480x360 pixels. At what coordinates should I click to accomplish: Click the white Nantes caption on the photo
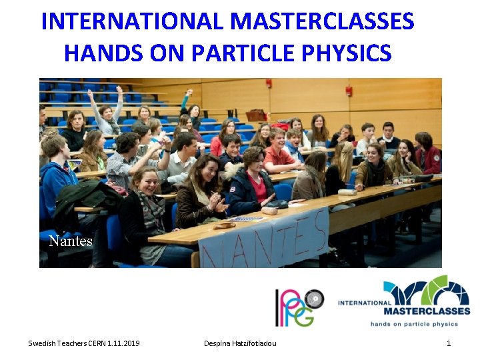[71, 241]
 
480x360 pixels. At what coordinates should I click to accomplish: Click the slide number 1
[449, 343]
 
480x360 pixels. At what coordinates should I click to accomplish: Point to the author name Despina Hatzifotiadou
[240, 343]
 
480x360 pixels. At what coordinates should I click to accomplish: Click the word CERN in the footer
[91, 343]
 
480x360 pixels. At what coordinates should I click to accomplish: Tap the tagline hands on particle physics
[415, 324]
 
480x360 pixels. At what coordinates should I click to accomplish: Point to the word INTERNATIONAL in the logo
[365, 303]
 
